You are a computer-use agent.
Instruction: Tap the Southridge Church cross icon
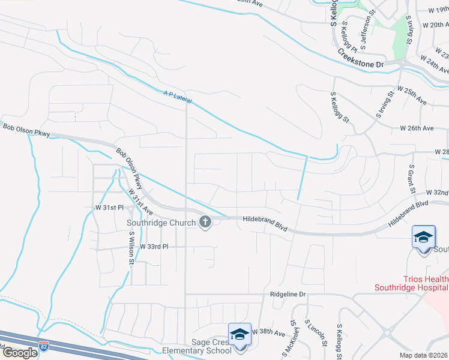pyautogui.click(x=205, y=223)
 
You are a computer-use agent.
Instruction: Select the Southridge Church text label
pyautogui.click(x=161, y=223)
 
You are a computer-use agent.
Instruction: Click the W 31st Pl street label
pyautogui.click(x=109, y=208)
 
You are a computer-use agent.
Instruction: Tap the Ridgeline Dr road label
pyautogui.click(x=288, y=295)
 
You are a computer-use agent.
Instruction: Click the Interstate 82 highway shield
pyautogui.click(x=43, y=346)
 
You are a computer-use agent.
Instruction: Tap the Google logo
pyautogui.click(x=19, y=353)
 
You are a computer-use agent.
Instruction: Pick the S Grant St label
pyautogui.click(x=413, y=178)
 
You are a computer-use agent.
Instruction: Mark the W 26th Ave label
pyautogui.click(x=417, y=128)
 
